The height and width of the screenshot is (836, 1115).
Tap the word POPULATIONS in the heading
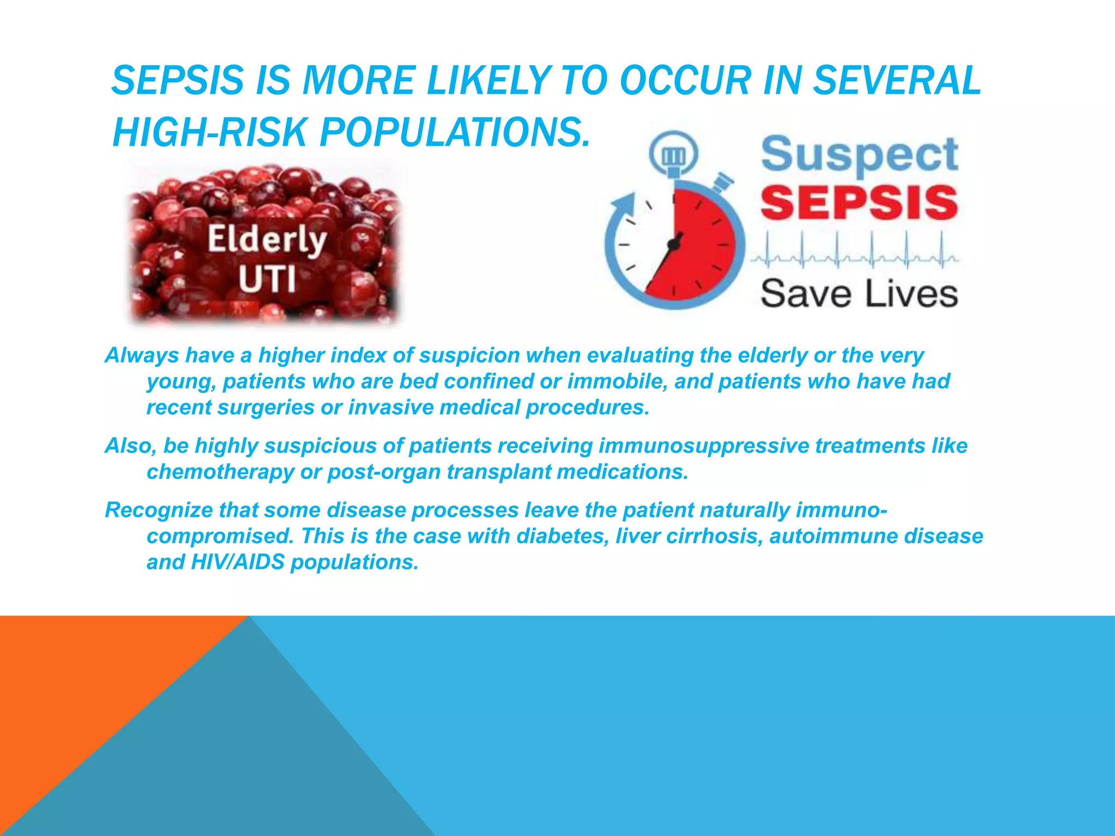[x=455, y=133]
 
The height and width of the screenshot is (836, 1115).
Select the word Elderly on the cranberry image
[x=267, y=240]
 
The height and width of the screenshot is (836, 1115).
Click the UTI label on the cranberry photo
[x=267, y=279]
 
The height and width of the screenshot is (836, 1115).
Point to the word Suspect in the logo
[x=859, y=155]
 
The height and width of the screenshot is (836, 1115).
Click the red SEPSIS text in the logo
[x=859, y=202]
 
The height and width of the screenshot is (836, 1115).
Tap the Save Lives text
[x=859, y=294]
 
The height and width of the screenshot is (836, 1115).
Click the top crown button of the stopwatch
[x=673, y=155]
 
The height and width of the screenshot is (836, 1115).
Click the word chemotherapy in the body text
[x=220, y=472]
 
